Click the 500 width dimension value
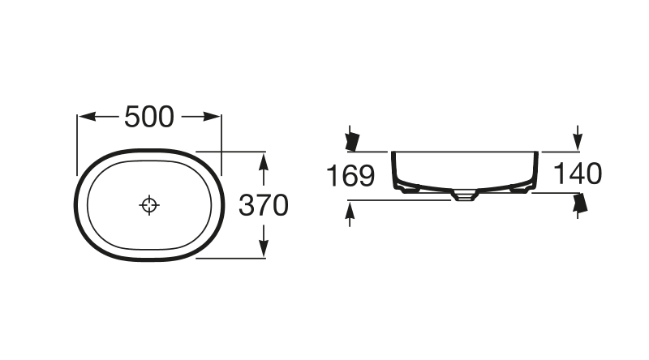click(x=149, y=117)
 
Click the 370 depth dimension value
click(x=264, y=205)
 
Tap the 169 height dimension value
click(x=350, y=175)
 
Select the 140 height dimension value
click(x=578, y=174)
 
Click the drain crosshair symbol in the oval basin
click(x=149, y=205)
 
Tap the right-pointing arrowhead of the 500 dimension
click(x=211, y=117)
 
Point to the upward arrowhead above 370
click(x=264, y=161)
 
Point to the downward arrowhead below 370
click(x=264, y=249)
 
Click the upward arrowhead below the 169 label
click(x=350, y=210)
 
